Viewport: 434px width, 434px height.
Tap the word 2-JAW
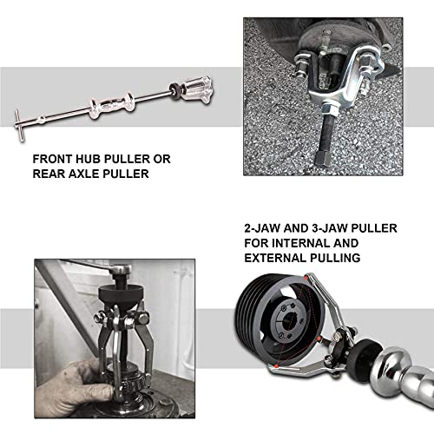pos(266,228)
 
